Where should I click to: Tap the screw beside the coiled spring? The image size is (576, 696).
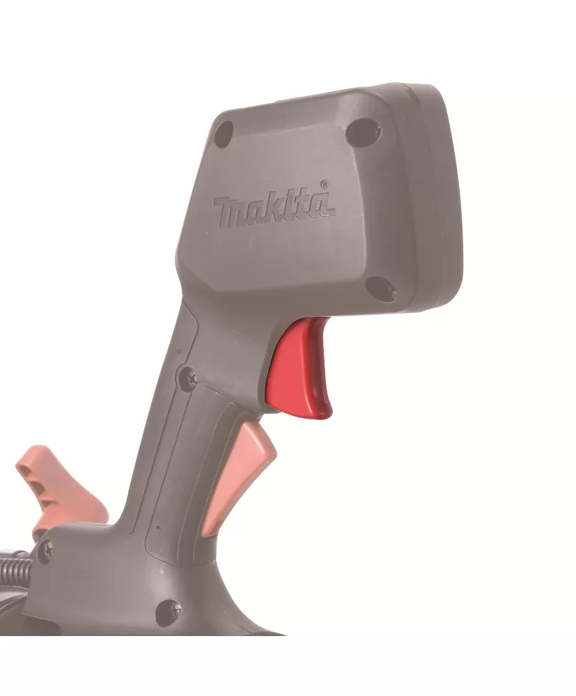coord(45,552)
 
